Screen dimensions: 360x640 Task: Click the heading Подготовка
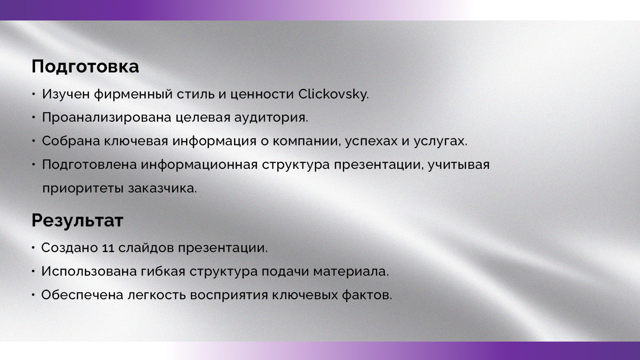click(x=85, y=66)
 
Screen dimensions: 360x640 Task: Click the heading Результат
click(x=77, y=220)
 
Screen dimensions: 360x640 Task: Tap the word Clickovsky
click(x=333, y=94)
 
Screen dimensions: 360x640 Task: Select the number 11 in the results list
click(x=108, y=248)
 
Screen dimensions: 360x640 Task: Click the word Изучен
click(x=66, y=94)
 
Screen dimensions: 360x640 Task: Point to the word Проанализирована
click(x=106, y=118)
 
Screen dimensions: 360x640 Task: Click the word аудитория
click(x=271, y=118)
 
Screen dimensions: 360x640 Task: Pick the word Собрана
click(x=71, y=141)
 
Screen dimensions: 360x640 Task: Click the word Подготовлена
click(x=89, y=164)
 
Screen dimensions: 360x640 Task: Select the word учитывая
click(x=459, y=165)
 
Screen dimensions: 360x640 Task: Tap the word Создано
click(x=69, y=248)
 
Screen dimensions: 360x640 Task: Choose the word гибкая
click(x=163, y=272)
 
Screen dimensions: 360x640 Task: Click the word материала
click(x=350, y=272)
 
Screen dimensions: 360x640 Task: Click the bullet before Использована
click(x=34, y=272)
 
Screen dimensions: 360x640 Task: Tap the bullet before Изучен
click(x=34, y=94)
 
